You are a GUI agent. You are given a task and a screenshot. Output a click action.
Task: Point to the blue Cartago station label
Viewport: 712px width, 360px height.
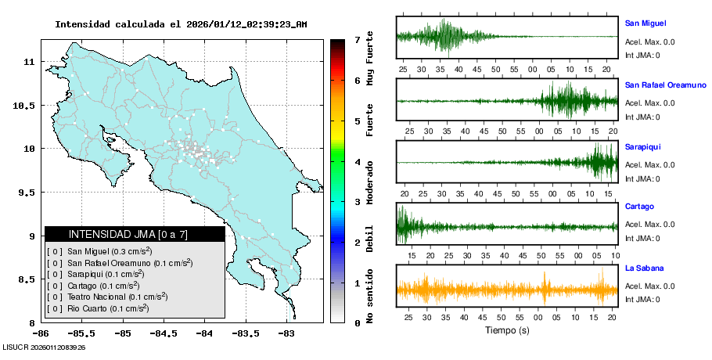coord(639,207)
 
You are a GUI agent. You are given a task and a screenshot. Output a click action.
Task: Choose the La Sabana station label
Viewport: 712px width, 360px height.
coord(644,268)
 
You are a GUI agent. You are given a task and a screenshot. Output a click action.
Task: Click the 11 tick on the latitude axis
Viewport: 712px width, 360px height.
coord(29,61)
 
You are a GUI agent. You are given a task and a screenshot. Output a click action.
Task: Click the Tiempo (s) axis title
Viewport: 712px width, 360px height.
coord(507,331)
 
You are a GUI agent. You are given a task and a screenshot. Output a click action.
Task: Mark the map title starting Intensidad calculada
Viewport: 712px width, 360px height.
coord(181,24)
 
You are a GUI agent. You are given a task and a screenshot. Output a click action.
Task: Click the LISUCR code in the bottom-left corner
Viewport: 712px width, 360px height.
coord(44,347)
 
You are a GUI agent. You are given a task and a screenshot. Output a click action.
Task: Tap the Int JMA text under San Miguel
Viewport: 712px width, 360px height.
coord(642,55)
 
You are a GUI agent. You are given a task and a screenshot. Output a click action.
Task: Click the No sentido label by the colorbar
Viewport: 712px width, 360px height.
coord(369,296)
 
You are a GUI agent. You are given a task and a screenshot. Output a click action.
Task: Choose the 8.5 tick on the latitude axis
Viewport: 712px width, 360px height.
coord(27,279)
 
